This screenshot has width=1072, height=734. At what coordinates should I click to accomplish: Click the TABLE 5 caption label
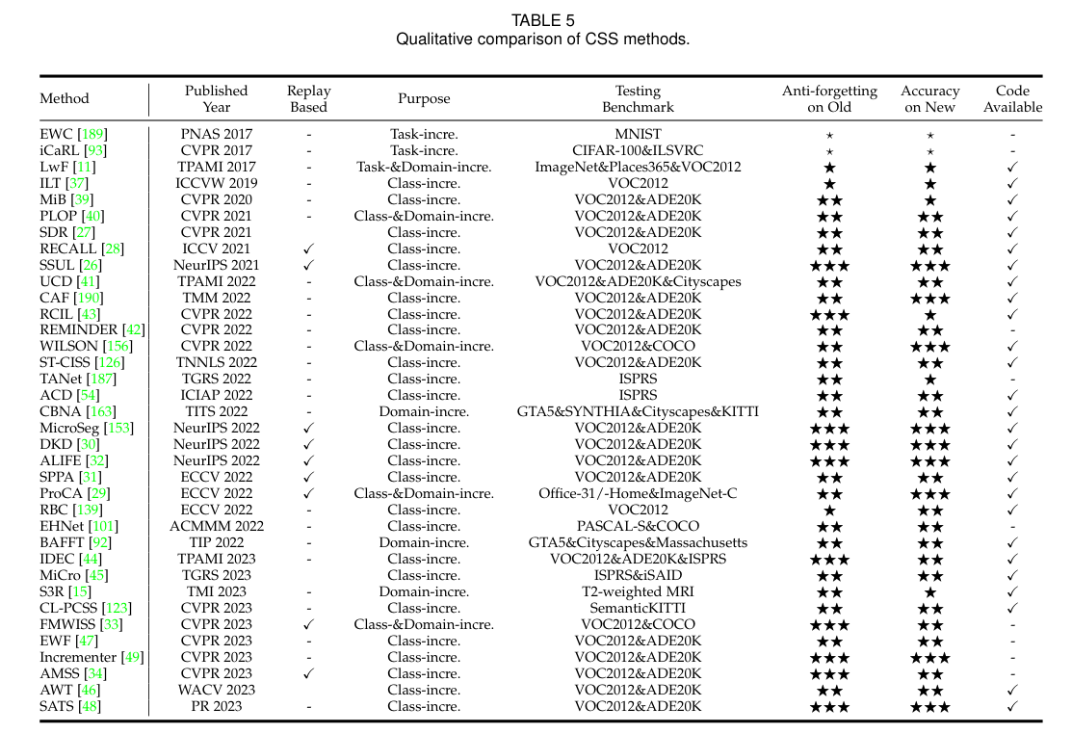pyautogui.click(x=542, y=19)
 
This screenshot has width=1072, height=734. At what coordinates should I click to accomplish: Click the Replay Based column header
pyautogui.click(x=308, y=98)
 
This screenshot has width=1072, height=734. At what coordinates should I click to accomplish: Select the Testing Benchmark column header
pyautogui.click(x=638, y=98)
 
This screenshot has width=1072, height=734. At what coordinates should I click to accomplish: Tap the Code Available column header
pyautogui.click(x=1012, y=98)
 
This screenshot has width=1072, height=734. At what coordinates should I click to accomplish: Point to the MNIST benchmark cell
pyautogui.click(x=638, y=134)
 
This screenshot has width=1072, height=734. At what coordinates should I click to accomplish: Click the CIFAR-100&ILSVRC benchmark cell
pyautogui.click(x=638, y=150)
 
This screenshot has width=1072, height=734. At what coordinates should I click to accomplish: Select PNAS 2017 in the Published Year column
pyautogui.click(x=217, y=134)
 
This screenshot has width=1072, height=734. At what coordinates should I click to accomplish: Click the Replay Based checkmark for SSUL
pyautogui.click(x=308, y=265)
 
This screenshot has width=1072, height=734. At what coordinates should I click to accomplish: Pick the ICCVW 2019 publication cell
pyautogui.click(x=217, y=183)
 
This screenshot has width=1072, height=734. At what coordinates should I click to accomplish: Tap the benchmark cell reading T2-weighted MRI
pyautogui.click(x=638, y=591)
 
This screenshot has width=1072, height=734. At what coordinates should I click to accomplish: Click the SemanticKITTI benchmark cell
pyautogui.click(x=638, y=608)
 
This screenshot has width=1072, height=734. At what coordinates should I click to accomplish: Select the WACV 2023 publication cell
pyautogui.click(x=217, y=690)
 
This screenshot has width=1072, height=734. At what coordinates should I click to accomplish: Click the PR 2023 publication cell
pyautogui.click(x=217, y=706)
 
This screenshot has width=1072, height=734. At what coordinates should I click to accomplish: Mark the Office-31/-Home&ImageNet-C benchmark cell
pyautogui.click(x=638, y=493)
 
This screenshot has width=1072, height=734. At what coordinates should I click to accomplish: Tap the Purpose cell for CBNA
pyautogui.click(x=424, y=411)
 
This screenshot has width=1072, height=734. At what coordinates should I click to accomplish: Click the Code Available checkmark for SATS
pyautogui.click(x=1012, y=706)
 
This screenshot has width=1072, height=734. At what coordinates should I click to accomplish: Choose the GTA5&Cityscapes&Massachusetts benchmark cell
pyautogui.click(x=638, y=542)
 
